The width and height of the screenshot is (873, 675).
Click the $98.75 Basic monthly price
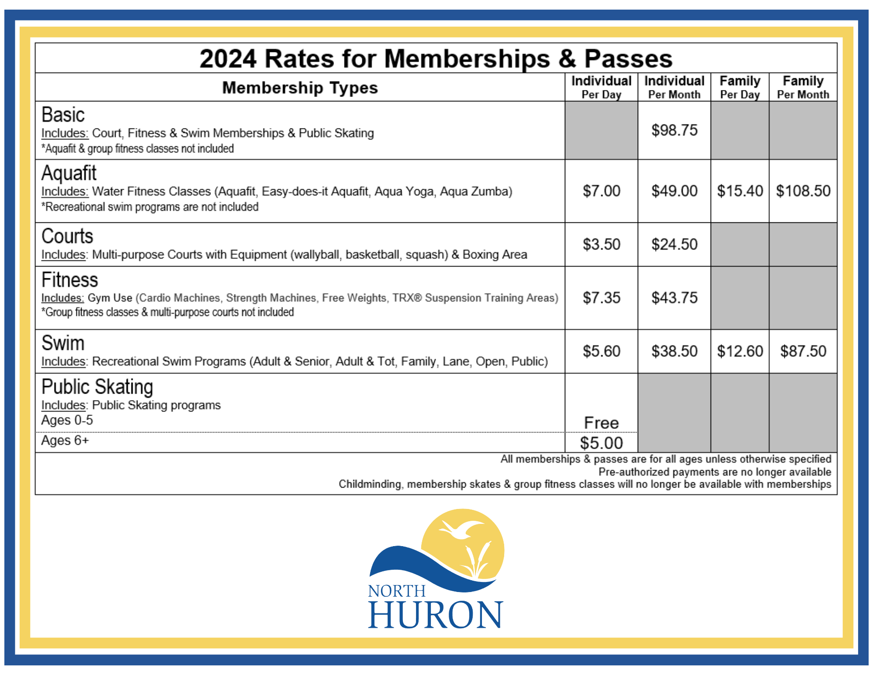coord(674,130)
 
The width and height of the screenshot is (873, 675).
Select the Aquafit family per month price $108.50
coord(803,191)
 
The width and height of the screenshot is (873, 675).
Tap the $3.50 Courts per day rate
coord(601,244)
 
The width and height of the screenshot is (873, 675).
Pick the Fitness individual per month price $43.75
coord(674,298)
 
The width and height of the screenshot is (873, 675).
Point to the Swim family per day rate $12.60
coord(740,351)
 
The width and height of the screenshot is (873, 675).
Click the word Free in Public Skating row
coord(601,423)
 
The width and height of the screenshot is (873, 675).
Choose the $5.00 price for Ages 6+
coord(601,443)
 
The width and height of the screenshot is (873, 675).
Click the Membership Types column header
coord(300,88)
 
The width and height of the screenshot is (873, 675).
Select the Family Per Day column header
coord(740,87)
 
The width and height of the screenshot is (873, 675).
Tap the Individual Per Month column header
coord(674,87)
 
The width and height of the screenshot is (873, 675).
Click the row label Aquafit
coord(69,173)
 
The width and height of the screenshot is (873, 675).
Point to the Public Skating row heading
coord(97,387)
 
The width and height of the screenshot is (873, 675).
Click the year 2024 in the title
coord(228,59)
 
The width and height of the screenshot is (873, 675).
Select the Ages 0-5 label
coord(67,420)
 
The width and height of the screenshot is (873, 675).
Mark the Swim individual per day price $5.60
coord(601,351)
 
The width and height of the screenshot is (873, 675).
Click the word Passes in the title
coord(629,59)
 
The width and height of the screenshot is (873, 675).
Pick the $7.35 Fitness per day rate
coord(601,298)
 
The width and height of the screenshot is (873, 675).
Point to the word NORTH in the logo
coord(397,591)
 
